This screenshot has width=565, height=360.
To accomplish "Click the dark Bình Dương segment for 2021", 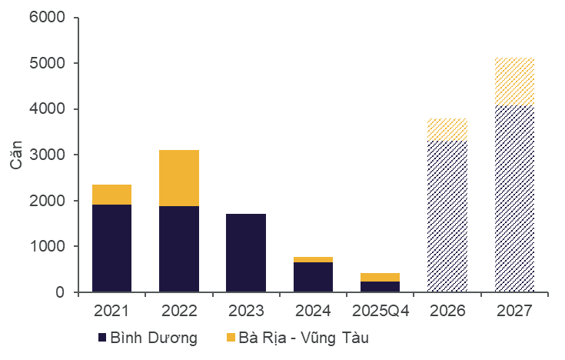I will tap(111, 248).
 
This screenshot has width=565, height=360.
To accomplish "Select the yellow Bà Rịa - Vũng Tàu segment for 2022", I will tap(179, 178).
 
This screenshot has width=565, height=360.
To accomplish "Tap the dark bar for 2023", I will tap(246, 253).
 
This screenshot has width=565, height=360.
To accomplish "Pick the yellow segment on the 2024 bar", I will tap(313, 260).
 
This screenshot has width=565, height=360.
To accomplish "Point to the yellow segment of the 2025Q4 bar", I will tap(380, 277).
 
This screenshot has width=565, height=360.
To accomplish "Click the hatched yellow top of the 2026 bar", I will tap(447, 129).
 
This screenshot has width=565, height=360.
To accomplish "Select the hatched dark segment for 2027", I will tap(514, 198).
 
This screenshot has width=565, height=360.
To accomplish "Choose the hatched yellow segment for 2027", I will tap(514, 82).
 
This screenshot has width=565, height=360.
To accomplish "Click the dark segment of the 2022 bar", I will tap(179, 249).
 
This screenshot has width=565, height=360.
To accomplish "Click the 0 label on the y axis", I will tap(61, 292).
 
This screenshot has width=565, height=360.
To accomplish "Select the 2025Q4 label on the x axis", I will tap(380, 312).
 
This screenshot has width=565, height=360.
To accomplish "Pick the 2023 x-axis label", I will tap(246, 312).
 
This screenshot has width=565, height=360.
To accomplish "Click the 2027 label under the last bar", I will tap(514, 312).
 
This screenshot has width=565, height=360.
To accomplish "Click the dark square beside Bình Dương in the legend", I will tap(101, 338).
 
